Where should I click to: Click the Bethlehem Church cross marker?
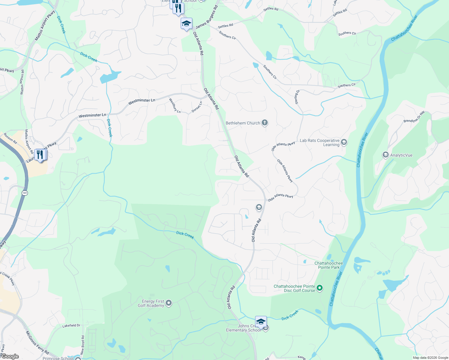(x=264, y=122)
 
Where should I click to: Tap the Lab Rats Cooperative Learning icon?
(x=344, y=142)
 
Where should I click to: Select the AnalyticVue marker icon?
(x=385, y=155)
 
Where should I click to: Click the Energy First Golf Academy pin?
(x=169, y=303)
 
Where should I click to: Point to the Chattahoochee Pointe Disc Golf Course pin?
(x=320, y=288)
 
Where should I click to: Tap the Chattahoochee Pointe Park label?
(x=329, y=265)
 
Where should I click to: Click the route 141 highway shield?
(x=25, y=193)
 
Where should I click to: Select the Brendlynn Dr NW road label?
(x=414, y=117)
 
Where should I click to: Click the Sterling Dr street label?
(x=297, y=97)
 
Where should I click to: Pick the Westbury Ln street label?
(x=175, y=106)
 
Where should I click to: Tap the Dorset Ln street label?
(x=197, y=107)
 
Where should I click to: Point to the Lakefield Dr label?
(x=71, y=325)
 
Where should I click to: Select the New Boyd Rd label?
(x=83, y=345)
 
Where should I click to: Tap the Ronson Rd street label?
(x=10, y=138)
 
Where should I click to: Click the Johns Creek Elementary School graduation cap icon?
(x=261, y=322)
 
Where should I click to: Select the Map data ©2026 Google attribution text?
(x=430, y=358)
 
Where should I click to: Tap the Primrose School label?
(x=58, y=358)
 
